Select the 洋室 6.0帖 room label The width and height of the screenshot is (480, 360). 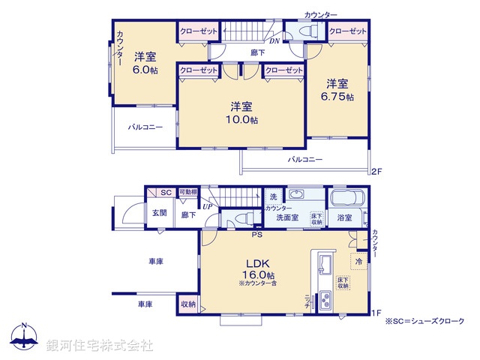pos(145,63)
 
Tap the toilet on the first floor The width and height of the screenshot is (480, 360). pos(243,218)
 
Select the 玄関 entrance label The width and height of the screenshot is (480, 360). pos(159,213)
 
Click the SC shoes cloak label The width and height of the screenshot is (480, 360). pos(166,193)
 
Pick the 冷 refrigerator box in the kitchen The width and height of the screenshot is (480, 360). pos(358,261)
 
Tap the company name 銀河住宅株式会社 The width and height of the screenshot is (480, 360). pos(100,344)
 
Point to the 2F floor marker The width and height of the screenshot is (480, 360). pos(377,172)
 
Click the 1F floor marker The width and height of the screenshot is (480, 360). pos(377,313)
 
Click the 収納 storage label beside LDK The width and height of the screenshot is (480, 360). pos(187,304)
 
